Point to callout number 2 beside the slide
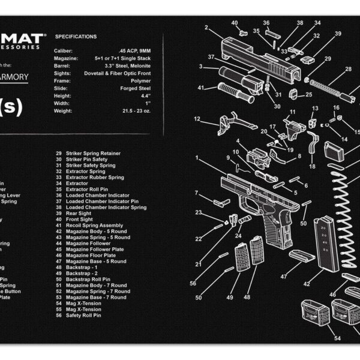(x=206, y=27)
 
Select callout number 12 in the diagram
(x=197, y=119)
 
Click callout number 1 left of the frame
(x=197, y=158)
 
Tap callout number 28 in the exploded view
(x=348, y=70)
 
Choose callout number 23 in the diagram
(x=199, y=212)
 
